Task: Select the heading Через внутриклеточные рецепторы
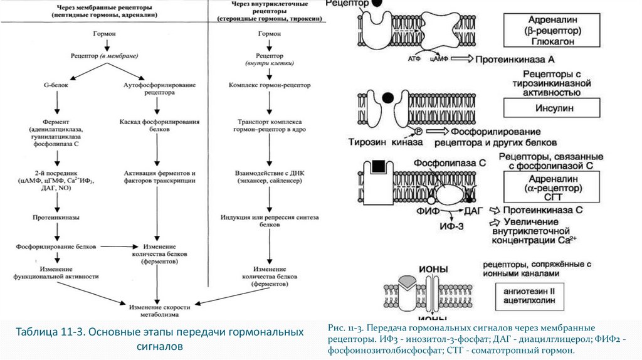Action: pos(270,11)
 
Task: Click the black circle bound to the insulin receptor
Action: pos(388,97)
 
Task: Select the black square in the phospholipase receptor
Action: pos(378,166)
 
